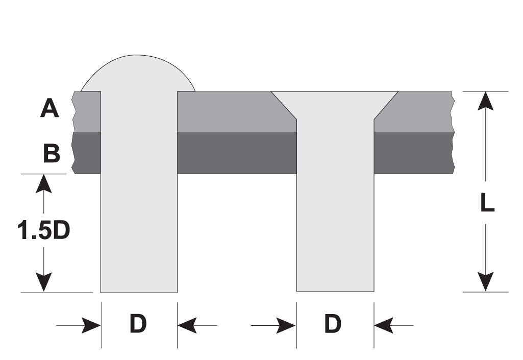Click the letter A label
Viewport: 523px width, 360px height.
click(x=49, y=109)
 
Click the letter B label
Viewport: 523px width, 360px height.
click(x=52, y=153)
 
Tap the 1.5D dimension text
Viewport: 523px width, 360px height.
click(x=43, y=230)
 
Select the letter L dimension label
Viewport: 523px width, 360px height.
click(x=487, y=203)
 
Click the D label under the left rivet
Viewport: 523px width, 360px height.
click(x=138, y=324)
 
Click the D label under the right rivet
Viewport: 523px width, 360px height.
click(x=333, y=324)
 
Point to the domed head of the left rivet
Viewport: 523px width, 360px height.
click(x=137, y=73)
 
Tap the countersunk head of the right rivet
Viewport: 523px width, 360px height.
click(x=335, y=105)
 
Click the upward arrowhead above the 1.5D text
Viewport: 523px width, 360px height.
click(x=43, y=183)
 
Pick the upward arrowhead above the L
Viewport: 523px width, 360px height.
click(x=485, y=101)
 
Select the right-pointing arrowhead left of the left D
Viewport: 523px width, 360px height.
click(x=91, y=325)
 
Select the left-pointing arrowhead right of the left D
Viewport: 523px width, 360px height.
click(x=187, y=325)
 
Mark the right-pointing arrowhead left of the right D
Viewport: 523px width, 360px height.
click(x=286, y=325)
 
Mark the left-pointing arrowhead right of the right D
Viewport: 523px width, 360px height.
click(x=384, y=325)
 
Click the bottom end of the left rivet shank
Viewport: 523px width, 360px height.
click(x=139, y=292)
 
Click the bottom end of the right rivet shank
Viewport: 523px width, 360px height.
click(x=335, y=291)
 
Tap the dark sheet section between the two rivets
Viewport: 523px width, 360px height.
click(x=237, y=153)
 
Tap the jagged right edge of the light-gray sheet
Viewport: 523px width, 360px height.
click(x=452, y=111)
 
